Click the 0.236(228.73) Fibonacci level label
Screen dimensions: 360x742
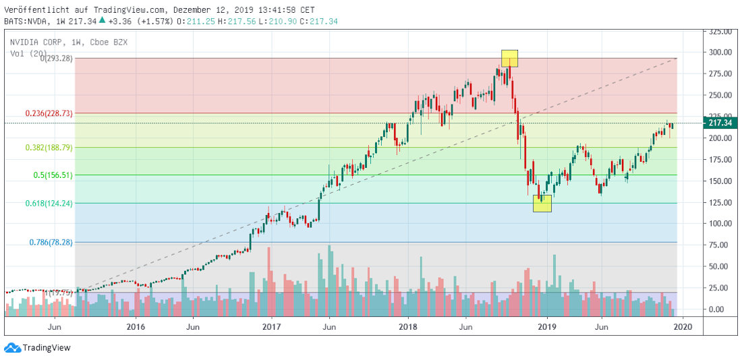[48, 113]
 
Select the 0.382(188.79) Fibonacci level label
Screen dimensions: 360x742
[48, 147]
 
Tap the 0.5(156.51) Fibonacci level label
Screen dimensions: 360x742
[53, 175]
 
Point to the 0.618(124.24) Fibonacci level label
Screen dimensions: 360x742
[48, 202]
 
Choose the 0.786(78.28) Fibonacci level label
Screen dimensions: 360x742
[51, 241]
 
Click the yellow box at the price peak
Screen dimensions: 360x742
[509, 58]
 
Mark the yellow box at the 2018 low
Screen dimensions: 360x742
[542, 203]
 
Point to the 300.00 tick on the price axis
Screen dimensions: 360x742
[719, 53]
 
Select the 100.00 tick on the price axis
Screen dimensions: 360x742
[719, 224]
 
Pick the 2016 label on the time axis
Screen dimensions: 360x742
[136, 327]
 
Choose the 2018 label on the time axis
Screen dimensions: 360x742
[407, 327]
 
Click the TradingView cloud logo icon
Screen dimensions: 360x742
[11, 347]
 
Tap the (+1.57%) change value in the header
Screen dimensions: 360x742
[156, 22]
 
